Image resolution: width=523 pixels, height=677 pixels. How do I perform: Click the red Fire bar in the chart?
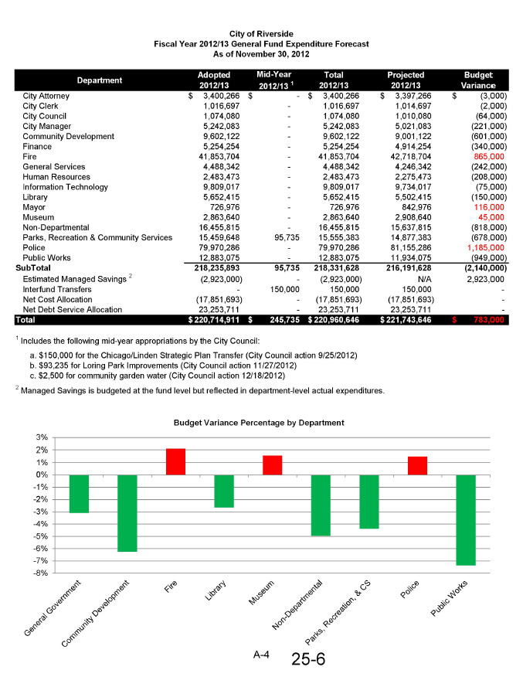pyautogui.click(x=176, y=461)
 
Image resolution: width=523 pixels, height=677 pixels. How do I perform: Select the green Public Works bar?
pyautogui.click(x=466, y=519)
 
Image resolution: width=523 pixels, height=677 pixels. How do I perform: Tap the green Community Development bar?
pyautogui.click(x=127, y=512)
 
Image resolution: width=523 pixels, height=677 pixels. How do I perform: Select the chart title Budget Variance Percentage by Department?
pyautogui.click(x=259, y=423)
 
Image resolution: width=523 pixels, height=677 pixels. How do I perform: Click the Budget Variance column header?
pyautogui.click(x=478, y=80)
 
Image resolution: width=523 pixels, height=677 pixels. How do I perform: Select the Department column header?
pyautogui.click(x=100, y=80)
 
